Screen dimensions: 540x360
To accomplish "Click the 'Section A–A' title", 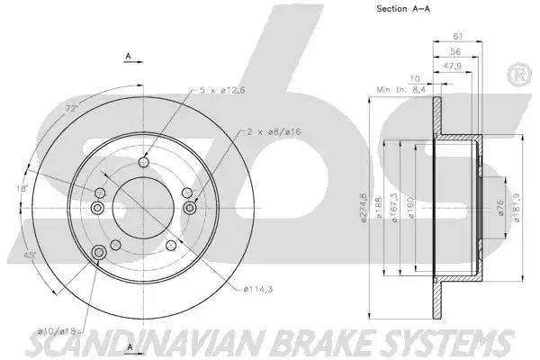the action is click(x=403, y=9).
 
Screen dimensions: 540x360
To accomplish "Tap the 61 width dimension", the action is click(x=458, y=36).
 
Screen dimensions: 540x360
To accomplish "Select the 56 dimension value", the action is click(x=455, y=51).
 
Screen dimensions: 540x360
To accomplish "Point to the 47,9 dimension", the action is click(x=452, y=66).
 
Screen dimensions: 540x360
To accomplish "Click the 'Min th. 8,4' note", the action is click(x=400, y=90).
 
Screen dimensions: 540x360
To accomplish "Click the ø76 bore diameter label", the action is click(x=500, y=208).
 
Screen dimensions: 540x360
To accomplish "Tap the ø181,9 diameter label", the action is click(x=517, y=207).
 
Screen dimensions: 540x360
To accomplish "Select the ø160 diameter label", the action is click(x=411, y=207).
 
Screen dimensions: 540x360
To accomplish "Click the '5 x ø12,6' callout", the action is click(x=222, y=90).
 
